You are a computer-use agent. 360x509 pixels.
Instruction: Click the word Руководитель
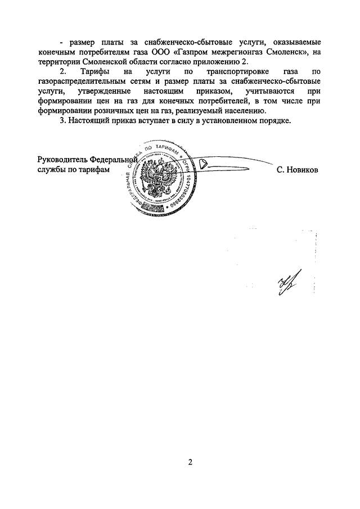(61, 159)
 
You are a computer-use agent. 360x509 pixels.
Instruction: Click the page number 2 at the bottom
(190, 462)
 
